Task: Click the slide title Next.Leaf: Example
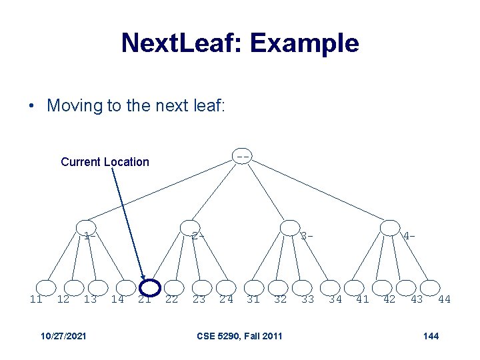tap(240, 43)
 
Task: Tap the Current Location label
tap(105, 162)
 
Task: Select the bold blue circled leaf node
tap(151, 287)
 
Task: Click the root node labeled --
tap(243, 156)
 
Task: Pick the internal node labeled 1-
tap(85, 228)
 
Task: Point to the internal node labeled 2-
tap(190, 228)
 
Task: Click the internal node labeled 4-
tap(390, 228)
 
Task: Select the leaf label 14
tap(117, 299)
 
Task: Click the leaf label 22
tap(171, 299)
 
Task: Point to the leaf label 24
tap(227, 299)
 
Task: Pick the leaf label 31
tap(253, 299)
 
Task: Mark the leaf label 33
tap(307, 299)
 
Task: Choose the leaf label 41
tap(363, 299)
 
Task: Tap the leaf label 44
tap(444, 299)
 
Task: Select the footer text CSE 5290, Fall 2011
tap(239, 335)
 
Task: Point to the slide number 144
tap(431, 335)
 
